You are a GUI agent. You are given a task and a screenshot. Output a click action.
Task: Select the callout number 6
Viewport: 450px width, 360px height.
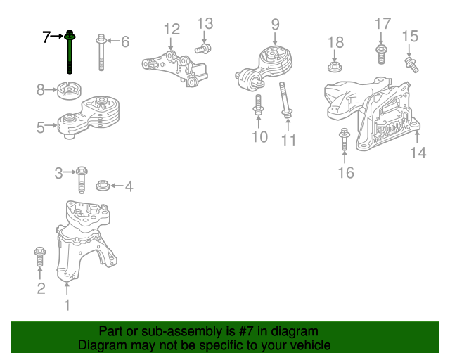click(x=125, y=42)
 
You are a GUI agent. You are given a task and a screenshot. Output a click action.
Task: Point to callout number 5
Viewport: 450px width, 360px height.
click(x=41, y=127)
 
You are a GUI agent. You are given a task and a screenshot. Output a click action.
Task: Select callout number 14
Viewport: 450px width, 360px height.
click(x=418, y=152)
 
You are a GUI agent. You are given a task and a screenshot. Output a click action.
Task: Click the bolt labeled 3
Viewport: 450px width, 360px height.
click(x=82, y=179)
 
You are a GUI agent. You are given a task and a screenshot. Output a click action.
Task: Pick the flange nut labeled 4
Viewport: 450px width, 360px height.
click(x=102, y=186)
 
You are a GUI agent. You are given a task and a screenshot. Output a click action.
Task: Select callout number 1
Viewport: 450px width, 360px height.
click(x=67, y=305)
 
